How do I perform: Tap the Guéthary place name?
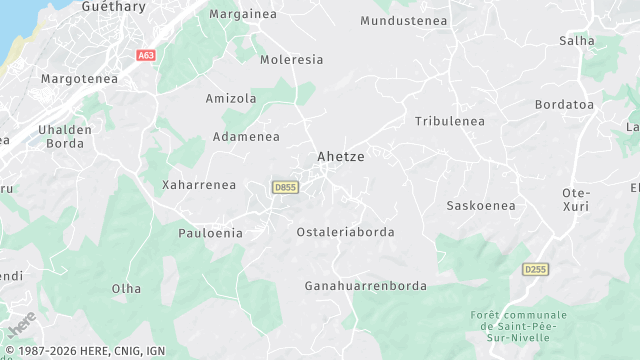(x=113, y=6)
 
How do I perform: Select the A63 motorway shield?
(x=146, y=56)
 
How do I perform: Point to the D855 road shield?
(x=285, y=187)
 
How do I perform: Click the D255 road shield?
(x=536, y=269)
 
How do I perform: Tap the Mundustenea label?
(x=402, y=20)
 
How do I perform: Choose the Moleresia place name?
(x=291, y=60)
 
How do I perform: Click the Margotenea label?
(x=79, y=78)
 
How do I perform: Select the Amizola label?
(x=231, y=99)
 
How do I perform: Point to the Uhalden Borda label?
(x=65, y=136)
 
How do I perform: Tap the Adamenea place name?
(x=246, y=137)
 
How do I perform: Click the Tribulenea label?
(x=449, y=121)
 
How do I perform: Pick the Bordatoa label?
(x=564, y=104)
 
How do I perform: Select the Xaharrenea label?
(x=199, y=185)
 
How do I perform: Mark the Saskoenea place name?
(x=480, y=206)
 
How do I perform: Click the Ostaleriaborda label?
(x=345, y=232)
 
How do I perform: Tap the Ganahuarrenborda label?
(x=365, y=286)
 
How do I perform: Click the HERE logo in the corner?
(x=21, y=325)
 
